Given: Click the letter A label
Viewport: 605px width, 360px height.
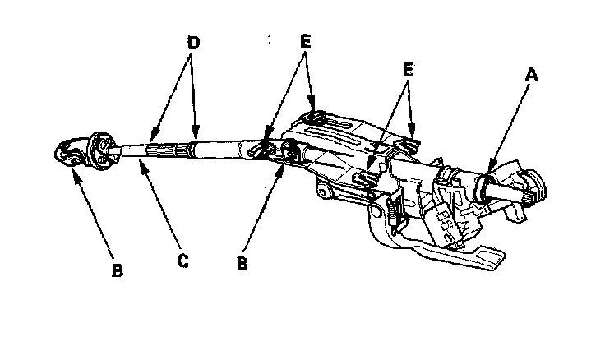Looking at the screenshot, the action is pos(531,75).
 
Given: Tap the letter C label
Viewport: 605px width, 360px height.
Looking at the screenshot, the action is pos(183,261).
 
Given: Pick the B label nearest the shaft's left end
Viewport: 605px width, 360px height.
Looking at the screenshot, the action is pos(117,270).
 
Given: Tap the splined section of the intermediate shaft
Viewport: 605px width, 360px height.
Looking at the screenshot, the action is pos(169,150).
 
